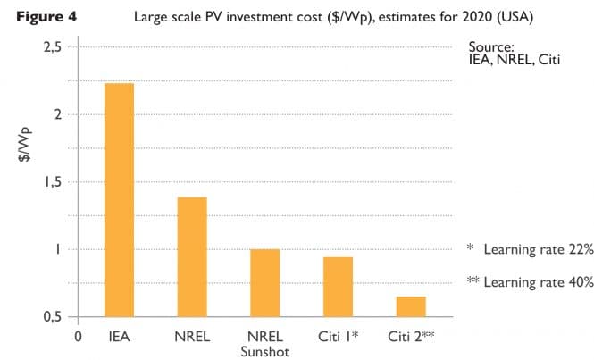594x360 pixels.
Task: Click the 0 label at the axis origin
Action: (79, 337)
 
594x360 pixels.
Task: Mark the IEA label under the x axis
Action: (119, 337)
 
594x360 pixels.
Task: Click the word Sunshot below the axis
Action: (265, 351)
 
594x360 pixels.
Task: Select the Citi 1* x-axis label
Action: (338, 337)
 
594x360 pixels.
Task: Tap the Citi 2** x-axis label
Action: (412, 337)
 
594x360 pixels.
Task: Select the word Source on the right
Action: (489, 46)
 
